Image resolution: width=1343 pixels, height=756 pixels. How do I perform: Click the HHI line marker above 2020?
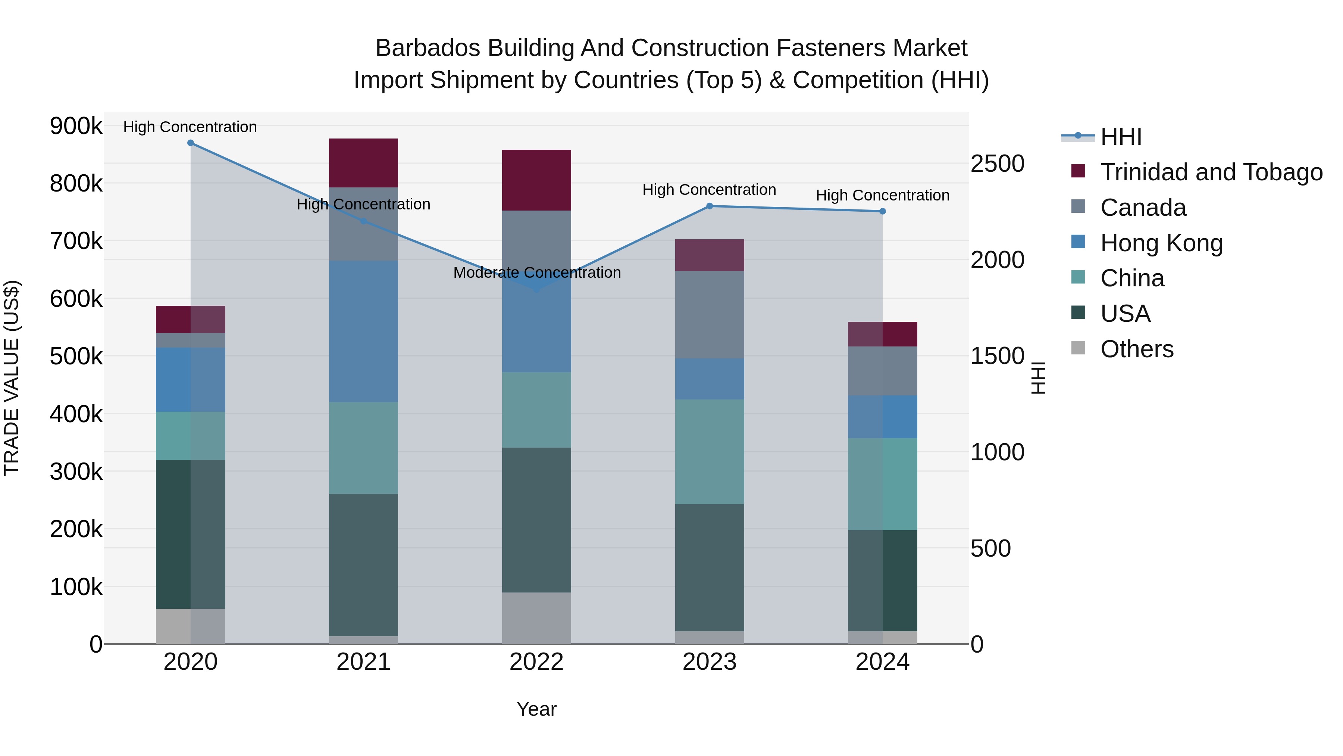pyautogui.click(x=190, y=143)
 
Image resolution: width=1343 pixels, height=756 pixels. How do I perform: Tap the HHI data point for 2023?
pyautogui.click(x=709, y=206)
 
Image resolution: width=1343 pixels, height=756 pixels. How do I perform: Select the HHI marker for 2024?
pyautogui.click(x=882, y=211)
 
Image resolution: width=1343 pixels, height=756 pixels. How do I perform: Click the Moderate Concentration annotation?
pyautogui.click(x=537, y=273)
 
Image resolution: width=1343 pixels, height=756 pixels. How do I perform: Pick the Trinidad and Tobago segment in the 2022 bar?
pyautogui.click(x=536, y=180)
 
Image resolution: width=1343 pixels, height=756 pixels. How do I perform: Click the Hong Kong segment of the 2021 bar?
pyautogui.click(x=363, y=331)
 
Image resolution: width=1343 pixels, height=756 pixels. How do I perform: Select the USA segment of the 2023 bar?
pyautogui.click(x=709, y=567)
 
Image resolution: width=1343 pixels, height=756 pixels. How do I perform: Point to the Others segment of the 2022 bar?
pyautogui.click(x=536, y=618)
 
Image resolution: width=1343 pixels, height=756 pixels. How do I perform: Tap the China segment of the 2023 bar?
pyautogui.click(x=709, y=451)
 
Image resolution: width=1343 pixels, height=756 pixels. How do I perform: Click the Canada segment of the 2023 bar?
pyautogui.click(x=709, y=315)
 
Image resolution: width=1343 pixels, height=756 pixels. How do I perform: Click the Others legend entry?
pyautogui.click(x=1137, y=349)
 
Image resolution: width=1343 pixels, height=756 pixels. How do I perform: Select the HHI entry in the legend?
pyautogui.click(x=1121, y=137)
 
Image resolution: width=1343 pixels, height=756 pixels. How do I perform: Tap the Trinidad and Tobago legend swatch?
pyautogui.click(x=1078, y=171)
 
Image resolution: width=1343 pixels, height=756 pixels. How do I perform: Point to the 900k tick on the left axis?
pyautogui.click(x=76, y=126)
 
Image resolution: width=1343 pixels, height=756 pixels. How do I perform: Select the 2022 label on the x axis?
pyautogui.click(x=536, y=662)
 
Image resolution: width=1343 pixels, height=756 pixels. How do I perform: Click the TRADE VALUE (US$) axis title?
pyautogui.click(x=12, y=378)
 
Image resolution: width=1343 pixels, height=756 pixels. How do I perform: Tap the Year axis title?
pyautogui.click(x=536, y=709)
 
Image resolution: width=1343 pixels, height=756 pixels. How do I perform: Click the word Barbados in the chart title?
pyautogui.click(x=428, y=49)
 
